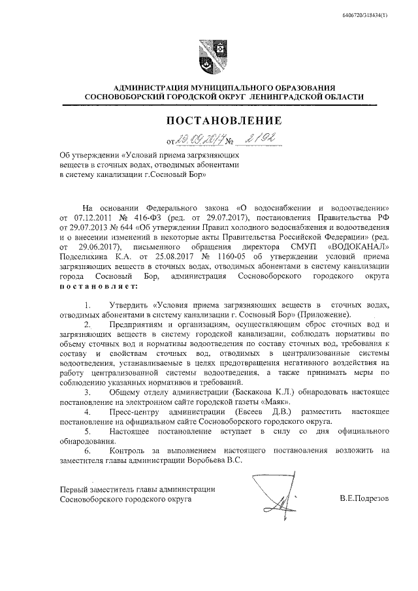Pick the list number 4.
click(x=88, y=413)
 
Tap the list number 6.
click(x=88, y=450)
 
